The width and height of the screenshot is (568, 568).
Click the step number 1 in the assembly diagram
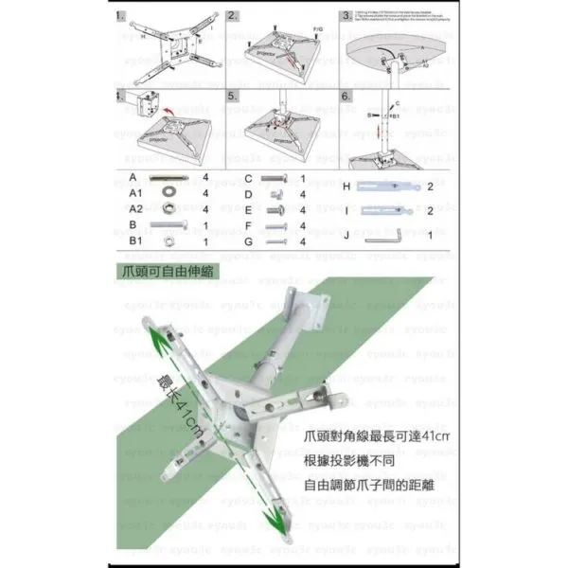[119, 16]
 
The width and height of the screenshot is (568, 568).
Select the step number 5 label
[233, 97]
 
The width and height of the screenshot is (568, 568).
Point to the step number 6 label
[346, 97]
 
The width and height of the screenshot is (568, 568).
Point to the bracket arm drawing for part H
[388, 186]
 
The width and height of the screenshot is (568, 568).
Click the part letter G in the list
[248, 241]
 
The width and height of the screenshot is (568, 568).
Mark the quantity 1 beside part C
[302, 178]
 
